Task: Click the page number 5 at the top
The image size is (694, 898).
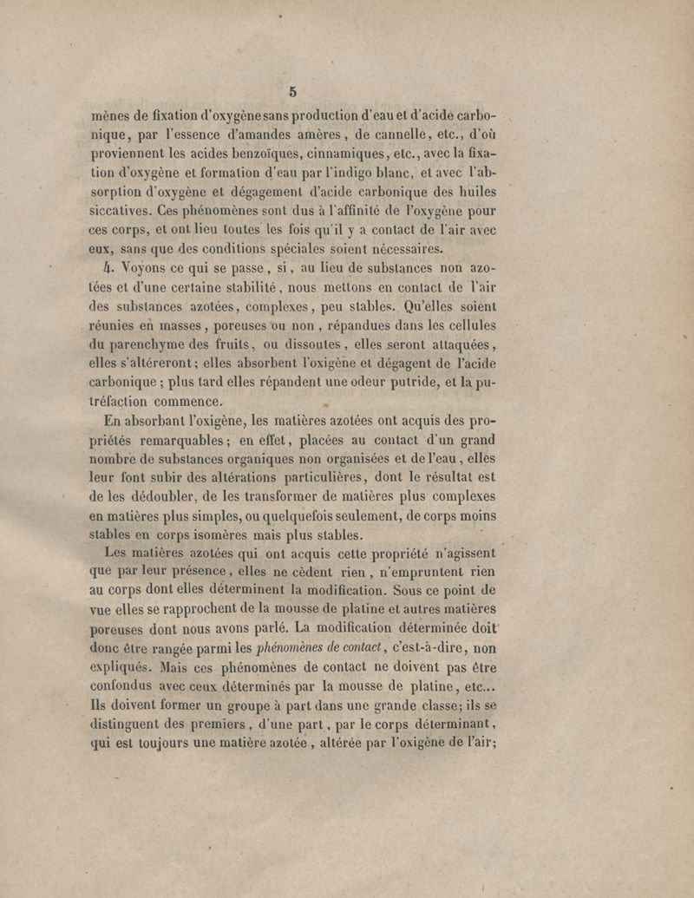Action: click(293, 90)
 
